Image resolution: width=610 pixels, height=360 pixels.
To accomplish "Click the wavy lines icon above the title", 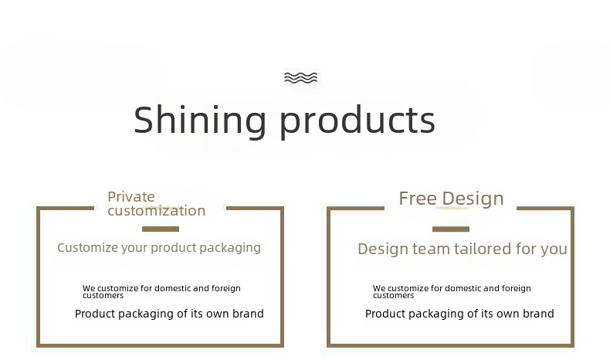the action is (300, 78).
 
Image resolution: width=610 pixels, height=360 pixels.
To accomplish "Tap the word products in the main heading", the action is (358, 121).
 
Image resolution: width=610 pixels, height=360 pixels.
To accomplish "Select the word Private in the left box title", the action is (131, 196).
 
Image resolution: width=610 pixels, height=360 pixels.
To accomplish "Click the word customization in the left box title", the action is (157, 211).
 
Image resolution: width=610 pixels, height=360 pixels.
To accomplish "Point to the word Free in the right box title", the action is (418, 199).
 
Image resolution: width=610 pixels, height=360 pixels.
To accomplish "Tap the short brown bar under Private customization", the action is (161, 229).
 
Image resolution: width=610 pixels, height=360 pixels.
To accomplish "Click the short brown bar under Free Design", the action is (451, 229).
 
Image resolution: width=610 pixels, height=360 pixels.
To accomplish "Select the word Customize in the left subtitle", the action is (87, 247).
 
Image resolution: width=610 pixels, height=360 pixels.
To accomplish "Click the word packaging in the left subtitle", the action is (230, 248).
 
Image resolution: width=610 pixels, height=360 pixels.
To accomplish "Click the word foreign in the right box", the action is (517, 289).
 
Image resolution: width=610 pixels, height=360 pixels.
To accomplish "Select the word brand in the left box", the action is (248, 314).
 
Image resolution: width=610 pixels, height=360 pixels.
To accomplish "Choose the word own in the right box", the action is (509, 314).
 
